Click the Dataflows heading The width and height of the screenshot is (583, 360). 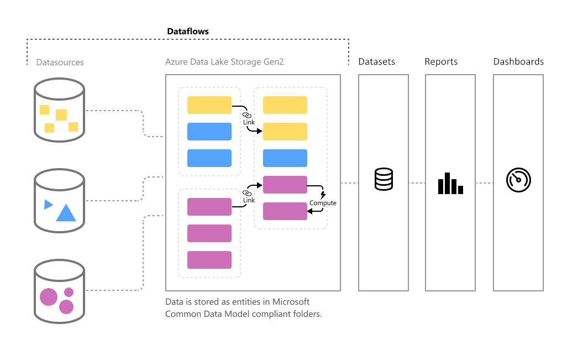pos(188,32)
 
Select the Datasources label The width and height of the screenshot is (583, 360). pos(60,62)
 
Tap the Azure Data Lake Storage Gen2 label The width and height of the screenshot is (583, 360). pos(224,62)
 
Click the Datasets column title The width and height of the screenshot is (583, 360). pos(376,61)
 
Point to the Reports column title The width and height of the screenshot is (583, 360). pos(441,61)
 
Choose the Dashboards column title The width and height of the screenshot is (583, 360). pos(518,61)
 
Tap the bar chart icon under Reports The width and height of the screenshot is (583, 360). pos(450,183)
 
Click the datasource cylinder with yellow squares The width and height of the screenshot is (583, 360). pos(59,109)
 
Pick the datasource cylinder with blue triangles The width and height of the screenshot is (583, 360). pos(59,200)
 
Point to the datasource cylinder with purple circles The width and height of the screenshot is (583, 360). pos(59,291)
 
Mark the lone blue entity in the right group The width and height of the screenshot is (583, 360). pos(285,158)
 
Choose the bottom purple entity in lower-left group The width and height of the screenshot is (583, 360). pos(209,260)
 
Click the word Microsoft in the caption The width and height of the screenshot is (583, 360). pos(291,302)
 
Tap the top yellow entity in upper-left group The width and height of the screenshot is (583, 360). pos(209,105)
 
